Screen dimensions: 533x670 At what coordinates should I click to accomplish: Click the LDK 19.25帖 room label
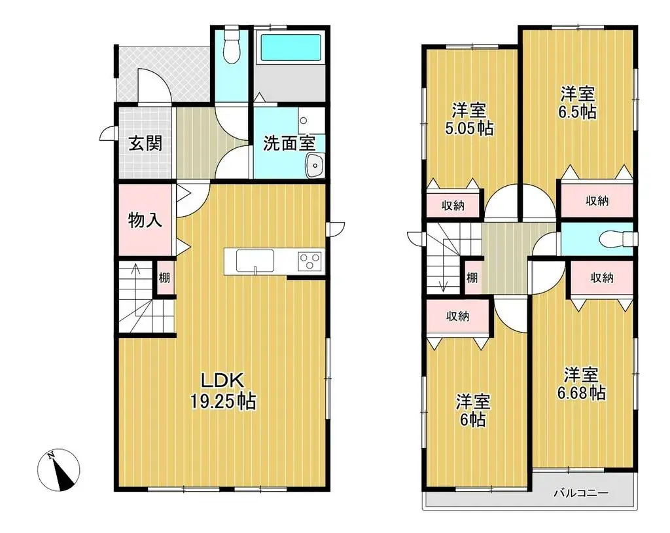[222, 390]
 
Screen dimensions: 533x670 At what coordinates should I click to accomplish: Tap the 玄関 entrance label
[145, 143]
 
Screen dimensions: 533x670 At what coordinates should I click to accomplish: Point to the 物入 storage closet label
[145, 220]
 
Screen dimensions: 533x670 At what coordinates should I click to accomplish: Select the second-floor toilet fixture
[615, 239]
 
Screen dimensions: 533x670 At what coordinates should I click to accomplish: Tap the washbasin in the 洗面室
[315, 166]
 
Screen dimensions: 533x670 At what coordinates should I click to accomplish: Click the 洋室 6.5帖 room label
[577, 103]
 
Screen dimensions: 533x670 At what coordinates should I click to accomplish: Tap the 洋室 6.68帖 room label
[581, 384]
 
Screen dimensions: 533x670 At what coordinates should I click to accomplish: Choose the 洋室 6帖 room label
[472, 410]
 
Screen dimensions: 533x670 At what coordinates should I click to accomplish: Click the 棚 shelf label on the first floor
[164, 278]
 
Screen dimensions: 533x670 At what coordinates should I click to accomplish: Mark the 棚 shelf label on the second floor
[472, 278]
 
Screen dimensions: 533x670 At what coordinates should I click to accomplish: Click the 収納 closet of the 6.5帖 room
[597, 201]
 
